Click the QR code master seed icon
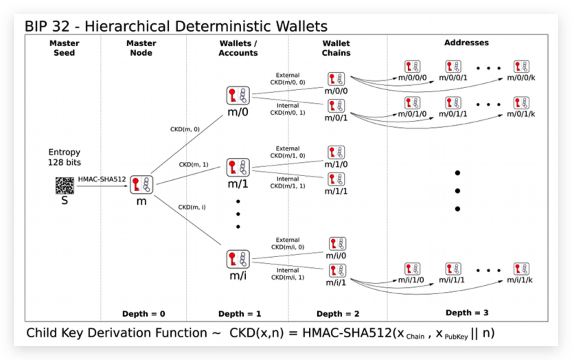[x=65, y=185]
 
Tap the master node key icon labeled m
[x=141, y=185]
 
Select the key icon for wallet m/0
[x=238, y=95]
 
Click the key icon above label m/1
[x=238, y=168]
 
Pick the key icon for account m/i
[x=238, y=259]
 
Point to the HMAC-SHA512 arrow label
[x=102, y=179]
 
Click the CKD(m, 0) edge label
[x=185, y=129]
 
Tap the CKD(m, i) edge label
[x=192, y=207]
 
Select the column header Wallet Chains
[x=336, y=48]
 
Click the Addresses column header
[x=466, y=43]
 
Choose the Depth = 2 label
[x=338, y=314]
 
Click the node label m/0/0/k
[x=521, y=78]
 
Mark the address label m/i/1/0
[x=411, y=280]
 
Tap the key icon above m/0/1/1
[x=453, y=103]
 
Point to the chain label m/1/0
[x=336, y=165]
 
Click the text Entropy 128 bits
[x=65, y=157]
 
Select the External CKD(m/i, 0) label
[x=288, y=243]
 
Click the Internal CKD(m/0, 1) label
[x=288, y=109]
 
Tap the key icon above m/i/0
[x=338, y=244]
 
